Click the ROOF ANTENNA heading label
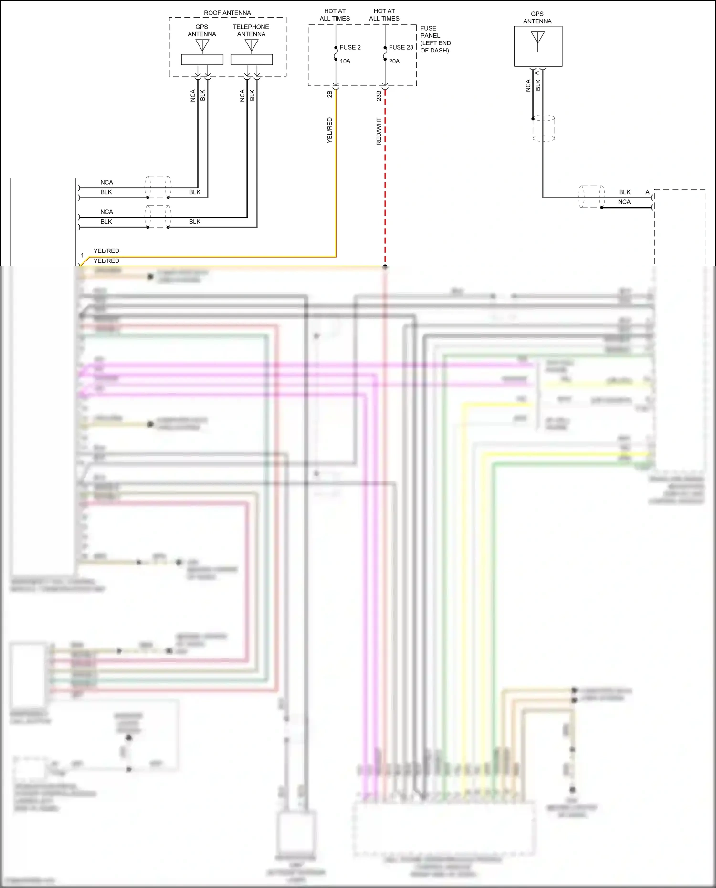[227, 13]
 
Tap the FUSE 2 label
[350, 47]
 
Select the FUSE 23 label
[401, 47]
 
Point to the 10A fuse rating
[345, 61]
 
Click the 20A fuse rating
[394, 61]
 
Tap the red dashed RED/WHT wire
[385, 191]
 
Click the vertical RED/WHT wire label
[379, 132]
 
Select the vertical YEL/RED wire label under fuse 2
[330, 130]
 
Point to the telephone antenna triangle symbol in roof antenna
[252, 45]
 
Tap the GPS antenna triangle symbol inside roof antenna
[202, 45]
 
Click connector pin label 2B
[330, 94]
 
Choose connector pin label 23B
[379, 95]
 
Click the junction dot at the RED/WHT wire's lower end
[385, 267]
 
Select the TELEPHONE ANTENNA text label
[251, 31]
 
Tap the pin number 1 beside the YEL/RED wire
[82, 256]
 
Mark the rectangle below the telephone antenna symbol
[252, 60]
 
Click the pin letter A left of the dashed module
[647, 192]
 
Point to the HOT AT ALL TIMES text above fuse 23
[384, 15]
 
